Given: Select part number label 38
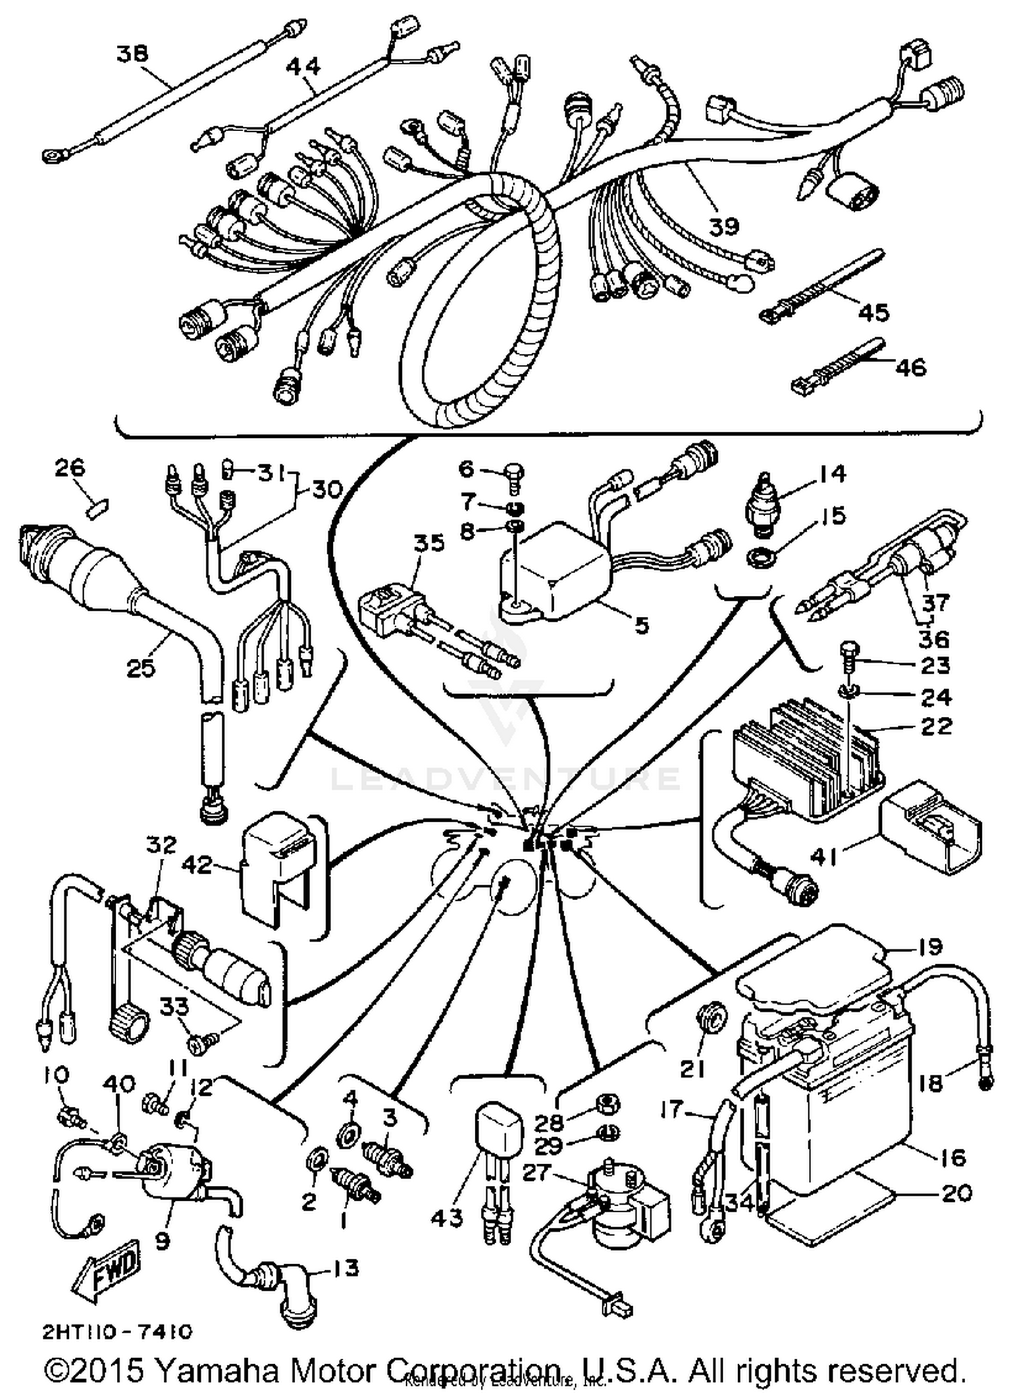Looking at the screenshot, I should click(132, 53).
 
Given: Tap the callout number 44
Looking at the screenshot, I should click(303, 66).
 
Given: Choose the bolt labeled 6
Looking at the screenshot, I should click(514, 473).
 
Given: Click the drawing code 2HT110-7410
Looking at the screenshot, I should click(116, 1331).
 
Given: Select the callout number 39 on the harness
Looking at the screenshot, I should click(723, 226).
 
